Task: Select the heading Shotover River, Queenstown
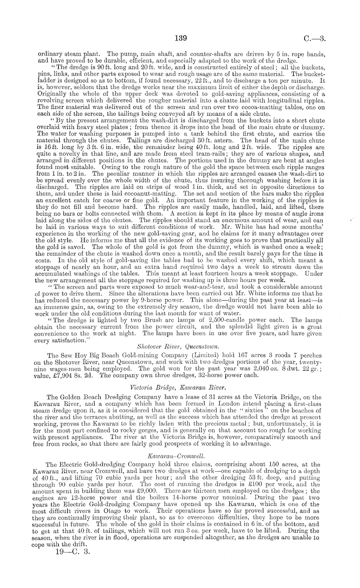178,347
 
